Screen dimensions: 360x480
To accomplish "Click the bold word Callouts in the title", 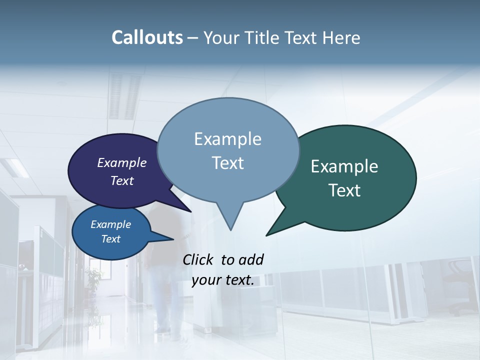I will pos(147,37).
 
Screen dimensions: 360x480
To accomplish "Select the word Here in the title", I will pos(340,37).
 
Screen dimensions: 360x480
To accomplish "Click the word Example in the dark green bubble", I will pos(344,166).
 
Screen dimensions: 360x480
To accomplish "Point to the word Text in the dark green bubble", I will pos(344,190).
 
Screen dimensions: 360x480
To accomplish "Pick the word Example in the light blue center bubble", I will pos(227,139).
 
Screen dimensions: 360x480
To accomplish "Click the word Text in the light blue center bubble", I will pos(227,163).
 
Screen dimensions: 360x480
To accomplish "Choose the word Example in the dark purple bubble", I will pos(122,162).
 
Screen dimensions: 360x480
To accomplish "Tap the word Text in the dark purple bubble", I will pos(122,180).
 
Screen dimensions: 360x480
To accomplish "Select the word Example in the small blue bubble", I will pos(111,224).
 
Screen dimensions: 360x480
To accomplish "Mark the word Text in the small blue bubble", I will pos(111,239).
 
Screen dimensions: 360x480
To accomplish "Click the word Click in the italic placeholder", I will pos(199,259).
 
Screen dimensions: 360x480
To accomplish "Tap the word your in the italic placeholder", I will pos(205,280).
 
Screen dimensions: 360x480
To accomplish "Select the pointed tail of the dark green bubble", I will pos(270,232).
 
